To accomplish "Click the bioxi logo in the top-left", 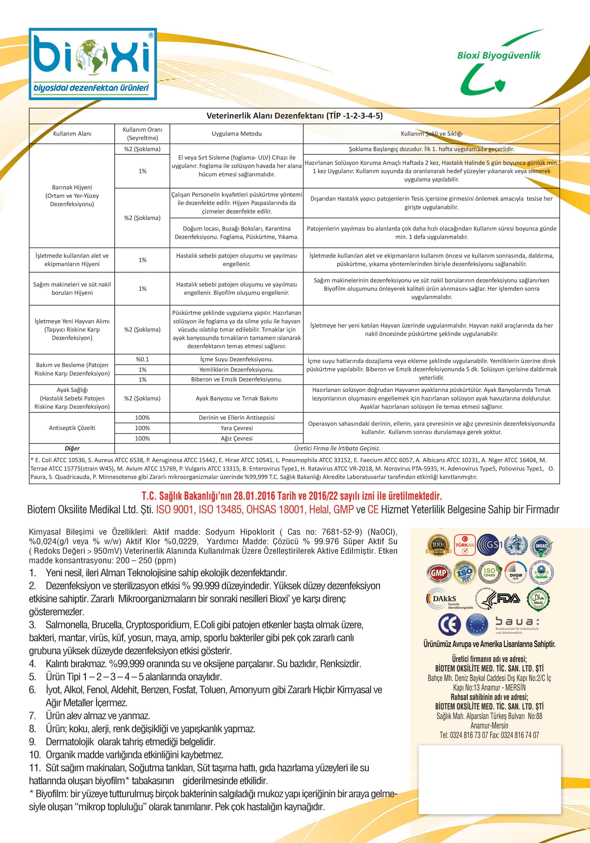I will pos(93,64).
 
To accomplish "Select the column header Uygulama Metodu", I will pos(236,134).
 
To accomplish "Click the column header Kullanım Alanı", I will pos(72,134).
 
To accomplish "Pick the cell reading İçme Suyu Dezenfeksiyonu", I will pos(236,360).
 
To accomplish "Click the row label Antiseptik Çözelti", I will pos(72,428).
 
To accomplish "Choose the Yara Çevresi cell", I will pos(236,428).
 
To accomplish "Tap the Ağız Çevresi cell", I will pos(236,438).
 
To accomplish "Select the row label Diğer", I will pos(72,448).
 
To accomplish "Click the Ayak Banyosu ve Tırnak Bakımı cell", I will pos(236,398).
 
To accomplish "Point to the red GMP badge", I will pos(438,573).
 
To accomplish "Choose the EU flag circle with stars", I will pos(477,625).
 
